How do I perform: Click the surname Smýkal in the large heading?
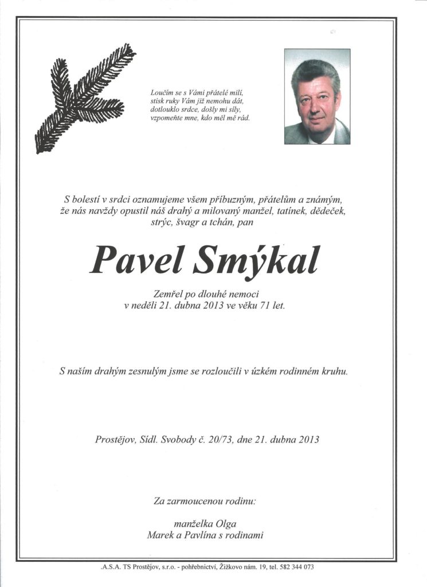point(258,261)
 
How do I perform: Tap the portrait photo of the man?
point(317,96)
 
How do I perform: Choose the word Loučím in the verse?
point(160,92)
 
